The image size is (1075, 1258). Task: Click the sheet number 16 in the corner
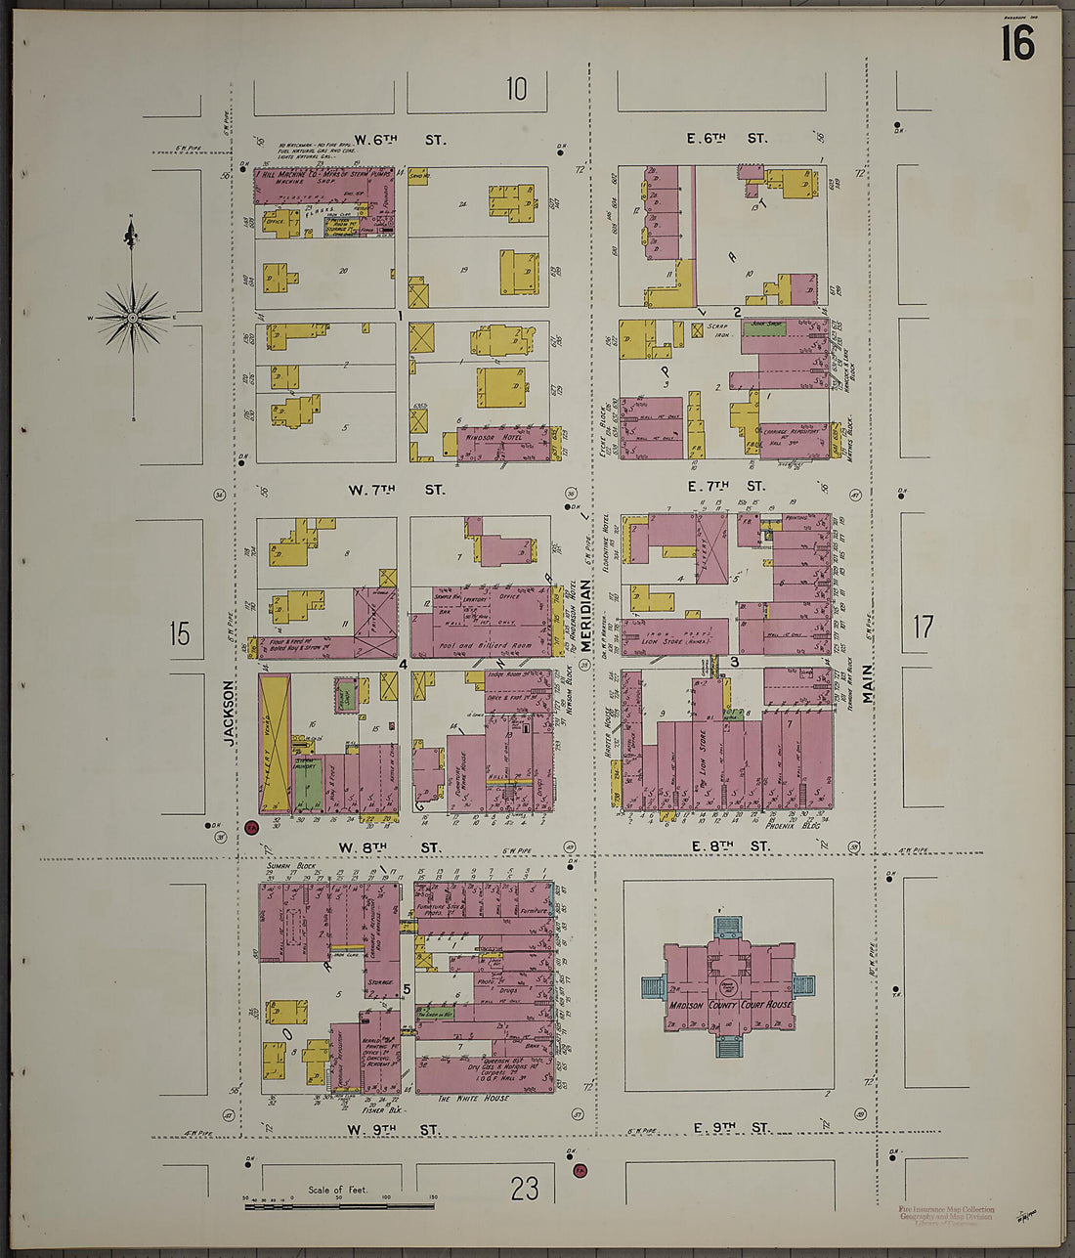(x=1016, y=43)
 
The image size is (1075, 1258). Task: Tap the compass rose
(x=132, y=316)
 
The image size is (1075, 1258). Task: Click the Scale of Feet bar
(x=339, y=1206)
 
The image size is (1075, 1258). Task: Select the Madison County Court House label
(x=731, y=1005)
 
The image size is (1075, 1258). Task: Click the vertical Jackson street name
(x=229, y=714)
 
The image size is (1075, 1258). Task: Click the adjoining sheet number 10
(x=516, y=89)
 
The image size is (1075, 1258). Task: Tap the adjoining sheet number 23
(x=524, y=1188)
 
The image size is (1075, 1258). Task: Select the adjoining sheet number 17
(x=923, y=627)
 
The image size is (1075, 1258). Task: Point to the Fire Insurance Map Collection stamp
(x=945, y=1213)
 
